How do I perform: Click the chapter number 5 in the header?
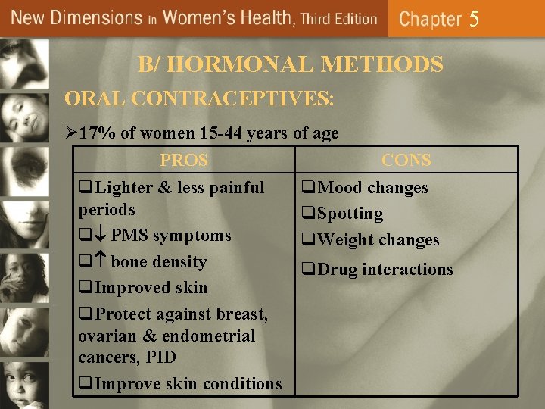point(474,18)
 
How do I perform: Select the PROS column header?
point(184,161)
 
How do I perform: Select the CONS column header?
point(406,161)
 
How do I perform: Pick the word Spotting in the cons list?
point(350,214)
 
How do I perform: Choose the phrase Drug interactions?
point(385,270)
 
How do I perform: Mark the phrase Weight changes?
point(378,240)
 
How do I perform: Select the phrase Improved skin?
point(151,288)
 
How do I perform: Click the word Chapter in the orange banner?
point(430,19)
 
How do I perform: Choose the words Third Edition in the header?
point(338,19)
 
